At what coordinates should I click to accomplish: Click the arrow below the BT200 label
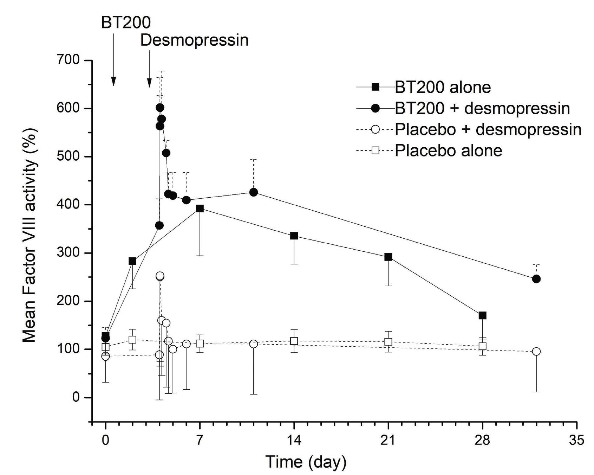[x=113, y=60]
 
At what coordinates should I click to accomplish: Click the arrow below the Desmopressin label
[x=149, y=69]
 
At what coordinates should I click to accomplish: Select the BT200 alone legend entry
[x=442, y=87]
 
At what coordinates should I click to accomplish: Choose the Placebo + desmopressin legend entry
[x=488, y=129]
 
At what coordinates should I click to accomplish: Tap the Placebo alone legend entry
[x=448, y=150]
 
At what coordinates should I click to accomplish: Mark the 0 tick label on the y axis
[x=76, y=397]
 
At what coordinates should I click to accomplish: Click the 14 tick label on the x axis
[x=294, y=440]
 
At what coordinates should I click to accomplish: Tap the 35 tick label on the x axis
[x=576, y=440]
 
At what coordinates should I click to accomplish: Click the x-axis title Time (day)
[x=306, y=462]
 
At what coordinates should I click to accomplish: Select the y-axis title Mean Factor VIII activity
[x=30, y=236]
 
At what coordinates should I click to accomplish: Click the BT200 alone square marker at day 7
[x=200, y=208]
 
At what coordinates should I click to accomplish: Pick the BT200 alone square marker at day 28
[x=483, y=315]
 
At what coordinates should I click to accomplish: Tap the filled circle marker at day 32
[x=536, y=279]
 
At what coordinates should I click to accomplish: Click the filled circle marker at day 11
[x=253, y=192]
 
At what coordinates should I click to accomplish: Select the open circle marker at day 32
[x=536, y=351]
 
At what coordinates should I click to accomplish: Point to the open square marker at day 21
[x=388, y=341]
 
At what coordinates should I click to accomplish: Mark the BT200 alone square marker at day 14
[x=294, y=236]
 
